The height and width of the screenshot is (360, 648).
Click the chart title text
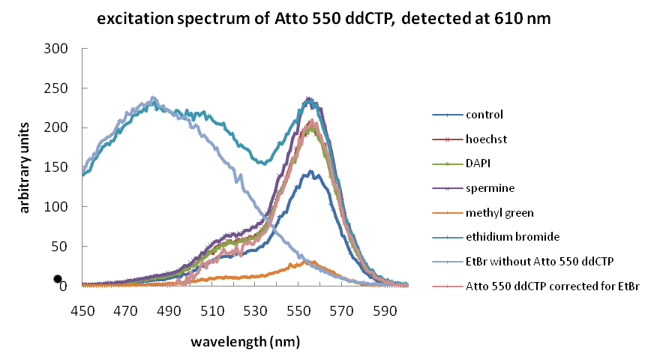point(324,20)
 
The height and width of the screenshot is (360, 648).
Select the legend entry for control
point(484,115)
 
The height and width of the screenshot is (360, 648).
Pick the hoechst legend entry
point(486,139)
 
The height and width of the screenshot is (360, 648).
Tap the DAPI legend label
point(479,163)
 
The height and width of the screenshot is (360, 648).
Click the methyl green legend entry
point(499,213)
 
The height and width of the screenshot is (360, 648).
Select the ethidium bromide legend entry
point(512,237)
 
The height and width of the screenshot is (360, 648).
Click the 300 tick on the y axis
point(58,49)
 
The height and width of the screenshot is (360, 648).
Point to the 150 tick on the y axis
point(58,167)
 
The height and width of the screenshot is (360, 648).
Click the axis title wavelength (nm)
point(244,342)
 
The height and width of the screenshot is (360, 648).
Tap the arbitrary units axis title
point(25,166)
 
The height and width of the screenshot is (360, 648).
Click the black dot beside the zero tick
point(57,279)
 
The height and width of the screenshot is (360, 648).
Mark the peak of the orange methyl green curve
point(310,261)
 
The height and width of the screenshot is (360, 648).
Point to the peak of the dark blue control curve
point(310,172)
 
